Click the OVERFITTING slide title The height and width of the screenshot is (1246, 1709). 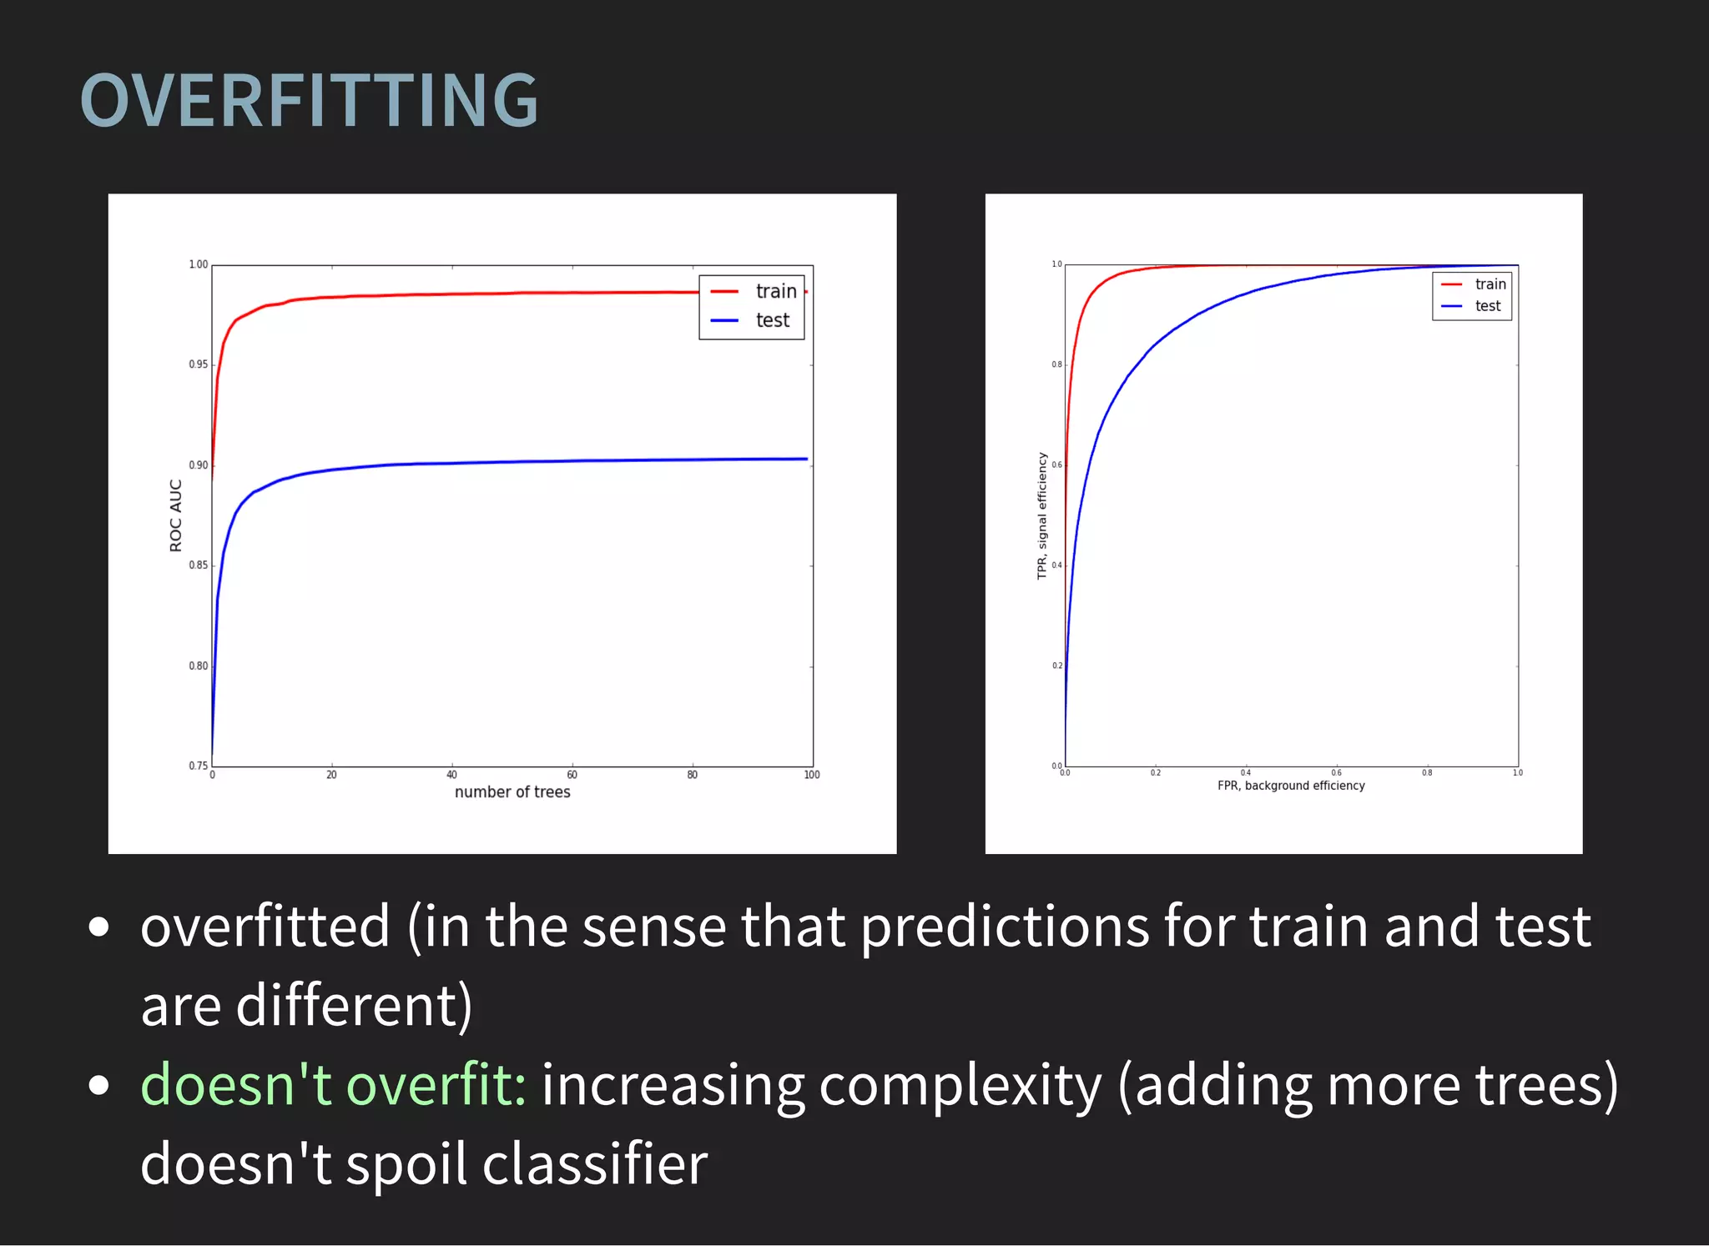pos(309,101)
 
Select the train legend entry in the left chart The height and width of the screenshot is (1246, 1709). pos(775,291)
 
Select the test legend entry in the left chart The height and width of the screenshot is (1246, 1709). pos(772,320)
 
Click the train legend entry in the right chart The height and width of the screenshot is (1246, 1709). pos(1490,284)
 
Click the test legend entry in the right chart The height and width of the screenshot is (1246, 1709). pos(1487,306)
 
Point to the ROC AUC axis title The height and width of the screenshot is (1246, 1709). pos(175,515)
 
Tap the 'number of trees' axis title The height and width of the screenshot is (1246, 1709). pos(512,792)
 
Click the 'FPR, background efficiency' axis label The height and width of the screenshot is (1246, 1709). pos(1291,786)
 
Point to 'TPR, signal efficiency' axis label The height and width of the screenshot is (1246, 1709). pos(1041,515)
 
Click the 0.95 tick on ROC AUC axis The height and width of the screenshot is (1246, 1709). pos(198,364)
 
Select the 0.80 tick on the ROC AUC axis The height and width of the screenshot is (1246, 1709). pos(198,666)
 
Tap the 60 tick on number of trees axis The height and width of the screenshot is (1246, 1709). pos(572,775)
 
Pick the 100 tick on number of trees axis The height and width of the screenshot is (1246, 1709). pos(811,775)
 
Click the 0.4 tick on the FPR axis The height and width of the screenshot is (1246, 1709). pos(1245,773)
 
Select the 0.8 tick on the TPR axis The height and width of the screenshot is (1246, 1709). pos(1056,364)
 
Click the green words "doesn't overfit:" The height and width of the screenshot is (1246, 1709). pos(333,1085)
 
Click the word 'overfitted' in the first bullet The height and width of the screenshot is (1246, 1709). pos(265,927)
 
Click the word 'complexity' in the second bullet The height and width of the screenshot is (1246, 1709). pos(960,1085)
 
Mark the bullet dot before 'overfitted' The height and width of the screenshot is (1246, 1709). pos(98,927)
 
